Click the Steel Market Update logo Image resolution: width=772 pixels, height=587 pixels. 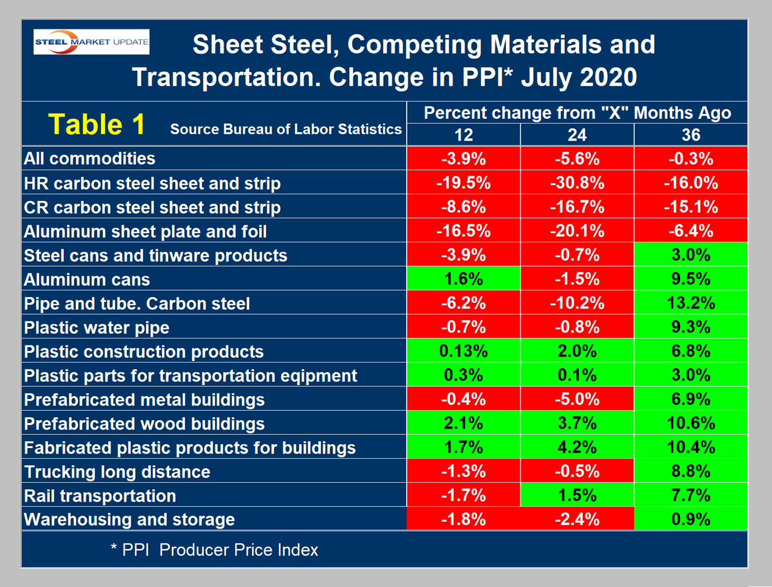(92, 42)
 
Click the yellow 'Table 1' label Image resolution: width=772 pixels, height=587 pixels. (97, 124)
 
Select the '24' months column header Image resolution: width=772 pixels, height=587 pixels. (577, 135)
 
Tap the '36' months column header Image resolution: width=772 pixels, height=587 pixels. (691, 135)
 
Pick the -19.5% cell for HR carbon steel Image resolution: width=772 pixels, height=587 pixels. (463, 183)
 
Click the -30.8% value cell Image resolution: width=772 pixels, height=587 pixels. (577, 183)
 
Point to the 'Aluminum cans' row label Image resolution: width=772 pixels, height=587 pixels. (87, 280)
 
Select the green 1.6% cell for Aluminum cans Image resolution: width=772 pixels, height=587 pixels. (463, 279)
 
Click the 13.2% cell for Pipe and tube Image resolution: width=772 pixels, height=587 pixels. (691, 303)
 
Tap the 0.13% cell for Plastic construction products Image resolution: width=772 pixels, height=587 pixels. (463, 351)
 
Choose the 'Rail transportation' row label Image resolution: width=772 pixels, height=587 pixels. (100, 496)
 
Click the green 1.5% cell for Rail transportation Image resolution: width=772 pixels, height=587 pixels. (577, 495)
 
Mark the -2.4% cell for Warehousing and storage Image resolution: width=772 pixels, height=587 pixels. (577, 519)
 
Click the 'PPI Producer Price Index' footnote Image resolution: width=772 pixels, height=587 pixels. (215, 550)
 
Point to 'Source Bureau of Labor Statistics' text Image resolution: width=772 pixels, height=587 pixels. (286, 129)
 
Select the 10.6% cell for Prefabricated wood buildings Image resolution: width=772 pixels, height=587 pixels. (691, 423)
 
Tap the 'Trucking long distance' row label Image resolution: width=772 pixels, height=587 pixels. (117, 472)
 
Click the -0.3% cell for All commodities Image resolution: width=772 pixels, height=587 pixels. (691, 159)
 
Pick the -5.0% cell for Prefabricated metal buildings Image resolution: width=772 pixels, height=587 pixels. (577, 399)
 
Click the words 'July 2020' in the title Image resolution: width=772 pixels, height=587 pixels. (579, 77)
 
